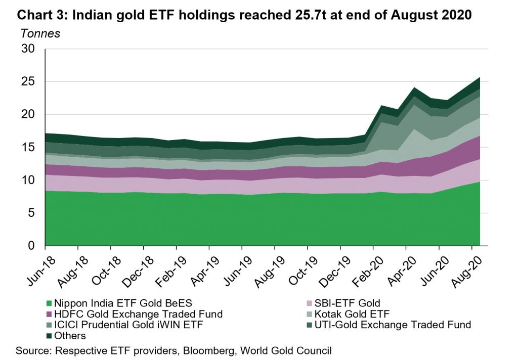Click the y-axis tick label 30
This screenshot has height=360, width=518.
[28, 50]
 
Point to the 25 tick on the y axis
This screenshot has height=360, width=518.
[28, 82]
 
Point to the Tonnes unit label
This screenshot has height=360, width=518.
[40, 34]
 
